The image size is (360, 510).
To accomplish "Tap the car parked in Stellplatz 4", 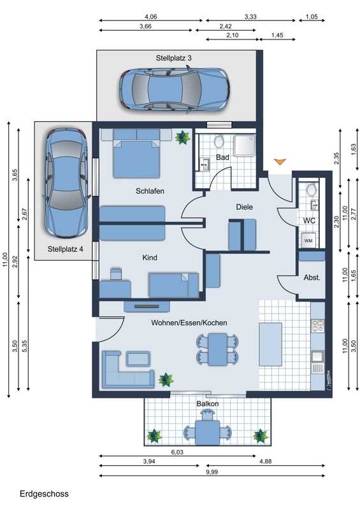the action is (x=66, y=182).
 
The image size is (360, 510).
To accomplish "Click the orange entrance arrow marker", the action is (x=280, y=161).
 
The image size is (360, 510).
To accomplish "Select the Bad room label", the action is (x=222, y=157).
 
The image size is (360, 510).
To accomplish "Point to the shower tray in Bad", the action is (x=245, y=145).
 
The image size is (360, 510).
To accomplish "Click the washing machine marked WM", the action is (x=308, y=241).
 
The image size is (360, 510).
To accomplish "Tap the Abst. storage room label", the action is (x=312, y=278).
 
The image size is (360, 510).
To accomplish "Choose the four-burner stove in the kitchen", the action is (x=318, y=326).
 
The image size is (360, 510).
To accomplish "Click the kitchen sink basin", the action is (x=317, y=356).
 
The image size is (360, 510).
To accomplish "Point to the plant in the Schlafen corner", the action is (x=182, y=138).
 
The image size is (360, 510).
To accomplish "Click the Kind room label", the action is (x=150, y=258).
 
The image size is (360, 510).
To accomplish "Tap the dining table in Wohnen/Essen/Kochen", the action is (x=217, y=349).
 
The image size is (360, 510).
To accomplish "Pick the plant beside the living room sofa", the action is (x=166, y=380).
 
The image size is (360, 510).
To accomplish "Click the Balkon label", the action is (x=208, y=404).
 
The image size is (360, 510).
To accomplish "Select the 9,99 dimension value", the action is (x=212, y=472).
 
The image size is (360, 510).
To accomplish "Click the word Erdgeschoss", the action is (x=44, y=493).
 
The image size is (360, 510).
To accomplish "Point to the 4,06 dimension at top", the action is (x=150, y=17).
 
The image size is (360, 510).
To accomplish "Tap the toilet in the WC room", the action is (x=312, y=189).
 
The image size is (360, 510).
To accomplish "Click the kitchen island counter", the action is (x=270, y=344).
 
